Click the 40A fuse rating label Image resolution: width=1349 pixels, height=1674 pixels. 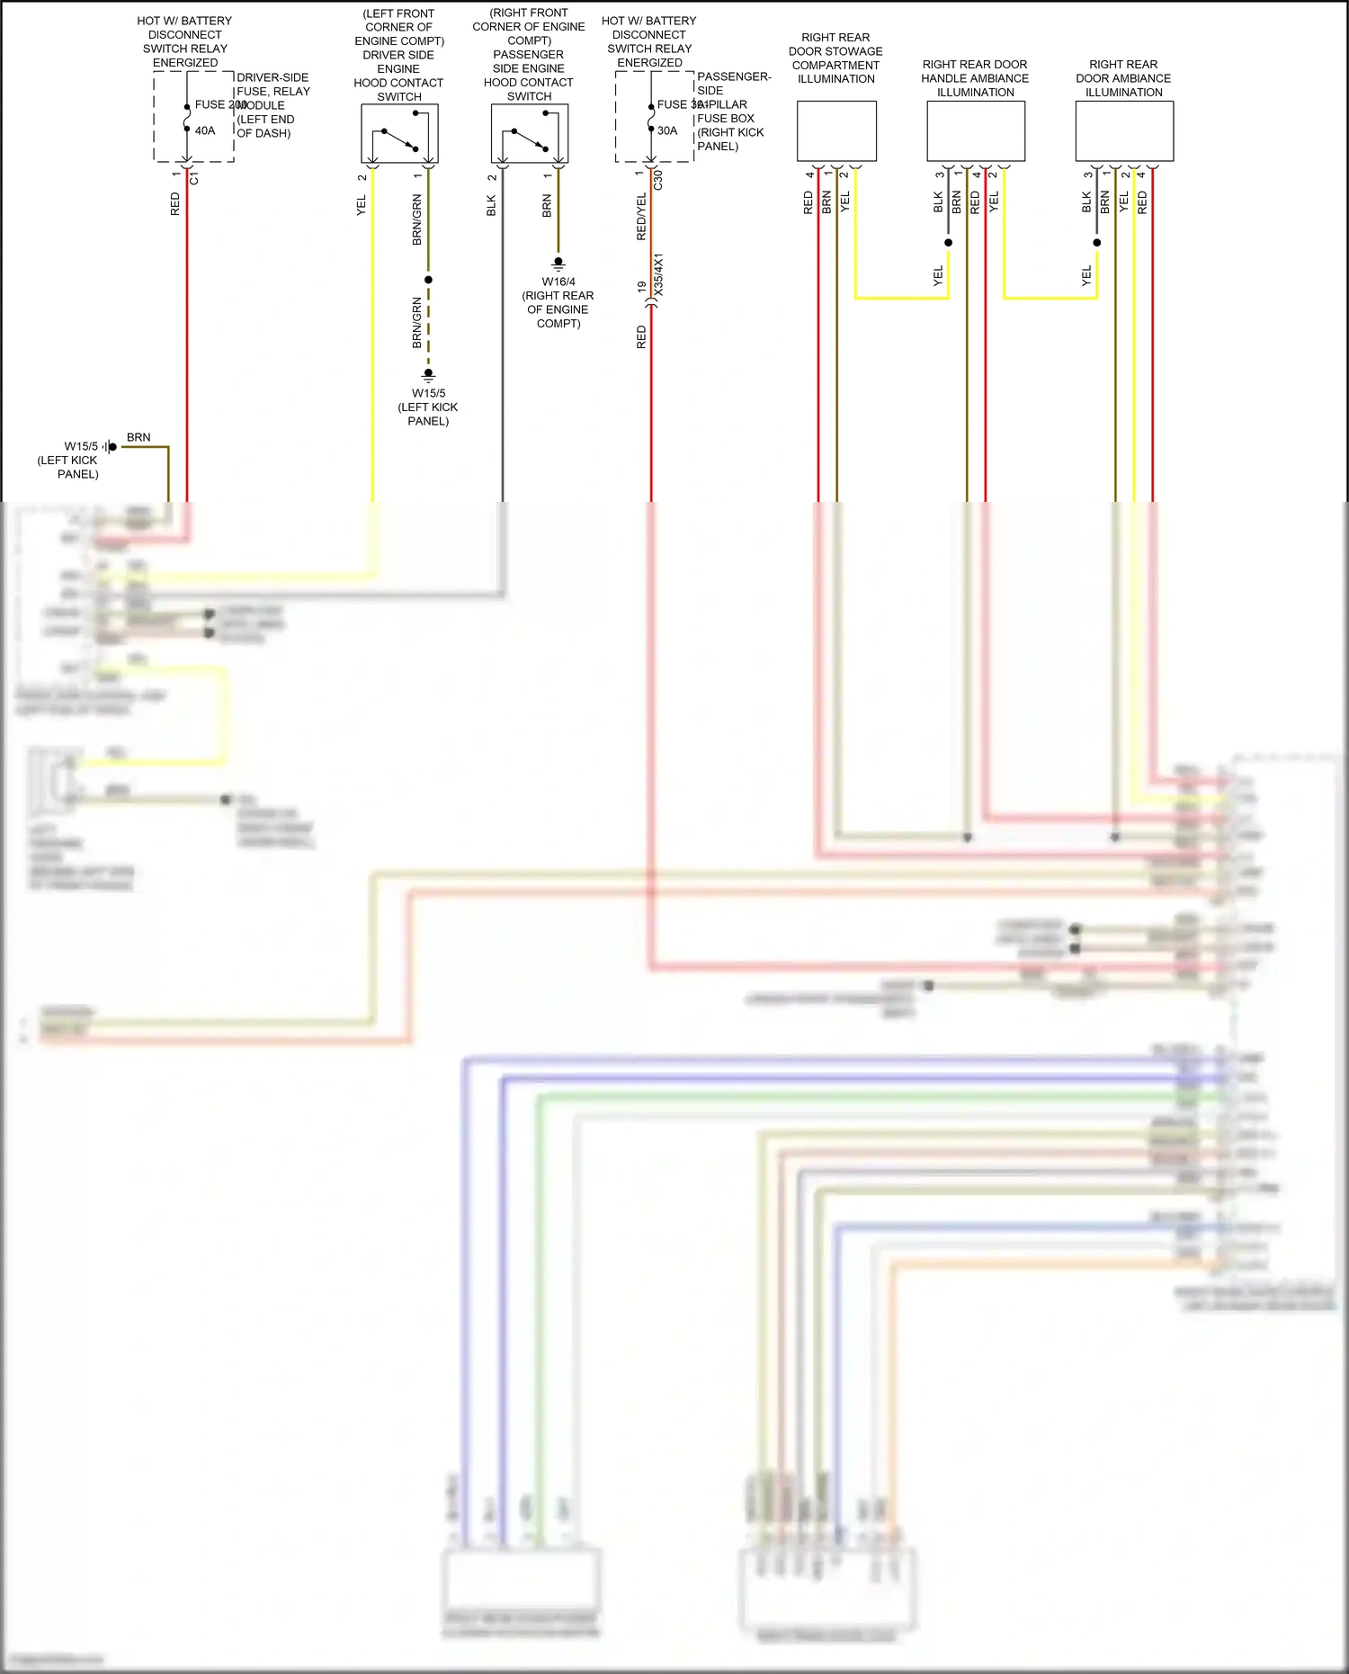pyautogui.click(x=205, y=130)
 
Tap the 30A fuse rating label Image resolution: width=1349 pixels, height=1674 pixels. pyautogui.click(x=667, y=130)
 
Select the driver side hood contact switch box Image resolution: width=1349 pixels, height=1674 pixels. pyautogui.click(x=399, y=133)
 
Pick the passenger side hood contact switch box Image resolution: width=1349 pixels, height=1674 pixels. pyautogui.click(x=529, y=133)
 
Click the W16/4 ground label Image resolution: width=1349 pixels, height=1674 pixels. pyautogui.click(x=558, y=282)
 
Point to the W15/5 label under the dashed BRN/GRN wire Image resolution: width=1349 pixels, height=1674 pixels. pyautogui.click(x=428, y=393)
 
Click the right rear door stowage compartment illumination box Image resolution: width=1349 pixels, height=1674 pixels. pyautogui.click(x=836, y=131)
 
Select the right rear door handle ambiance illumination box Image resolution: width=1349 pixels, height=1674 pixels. pyautogui.click(x=976, y=131)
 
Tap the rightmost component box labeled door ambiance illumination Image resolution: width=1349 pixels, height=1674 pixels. pyautogui.click(x=1124, y=131)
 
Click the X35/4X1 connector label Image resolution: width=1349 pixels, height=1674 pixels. pyautogui.click(x=658, y=275)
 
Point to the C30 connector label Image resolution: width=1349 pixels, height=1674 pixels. pyautogui.click(x=658, y=179)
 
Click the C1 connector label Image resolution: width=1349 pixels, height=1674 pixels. pyautogui.click(x=194, y=179)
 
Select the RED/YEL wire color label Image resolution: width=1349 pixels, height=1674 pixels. pyautogui.click(x=641, y=217)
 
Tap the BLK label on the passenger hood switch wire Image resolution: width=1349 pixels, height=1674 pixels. pyautogui.click(x=491, y=206)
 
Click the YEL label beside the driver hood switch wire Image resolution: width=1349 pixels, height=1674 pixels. pyautogui.click(x=362, y=205)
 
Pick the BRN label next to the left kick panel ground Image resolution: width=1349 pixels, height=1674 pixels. pyautogui.click(x=138, y=437)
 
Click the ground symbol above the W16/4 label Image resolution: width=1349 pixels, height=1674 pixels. pyautogui.click(x=558, y=264)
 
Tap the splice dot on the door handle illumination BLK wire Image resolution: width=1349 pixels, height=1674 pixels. pyautogui.click(x=948, y=243)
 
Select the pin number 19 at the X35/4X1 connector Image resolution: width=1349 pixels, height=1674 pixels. pyautogui.click(x=641, y=286)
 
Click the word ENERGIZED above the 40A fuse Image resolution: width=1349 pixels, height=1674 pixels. pyautogui.click(x=185, y=63)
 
